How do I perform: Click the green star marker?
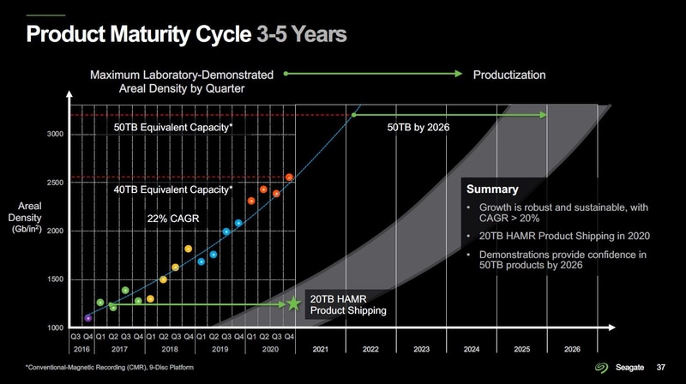click(294, 303)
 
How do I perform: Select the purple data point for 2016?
click(88, 318)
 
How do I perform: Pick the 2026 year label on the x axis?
click(573, 350)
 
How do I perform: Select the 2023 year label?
click(421, 350)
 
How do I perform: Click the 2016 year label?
click(82, 350)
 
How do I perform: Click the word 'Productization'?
click(509, 75)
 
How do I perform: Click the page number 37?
click(661, 368)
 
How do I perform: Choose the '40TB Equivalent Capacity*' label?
click(173, 189)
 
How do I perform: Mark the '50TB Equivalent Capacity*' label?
click(173, 128)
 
